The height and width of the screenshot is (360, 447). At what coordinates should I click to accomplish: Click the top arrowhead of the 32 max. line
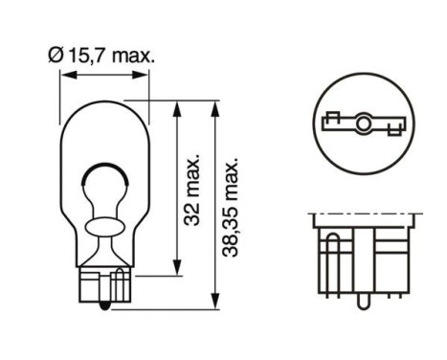click(x=175, y=105)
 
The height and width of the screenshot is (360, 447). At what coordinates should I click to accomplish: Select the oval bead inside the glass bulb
click(x=105, y=228)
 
